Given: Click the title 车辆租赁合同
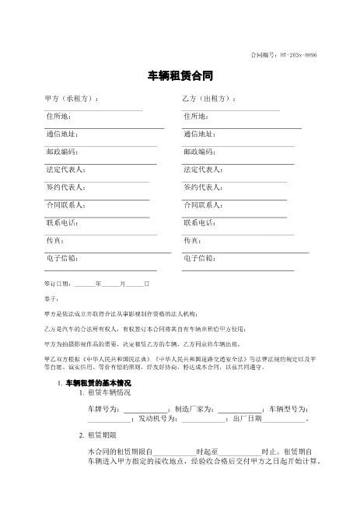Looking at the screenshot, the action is [x=180, y=77].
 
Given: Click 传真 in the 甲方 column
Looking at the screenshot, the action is [x=54, y=240].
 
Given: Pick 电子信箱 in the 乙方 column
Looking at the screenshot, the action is [x=199, y=258].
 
